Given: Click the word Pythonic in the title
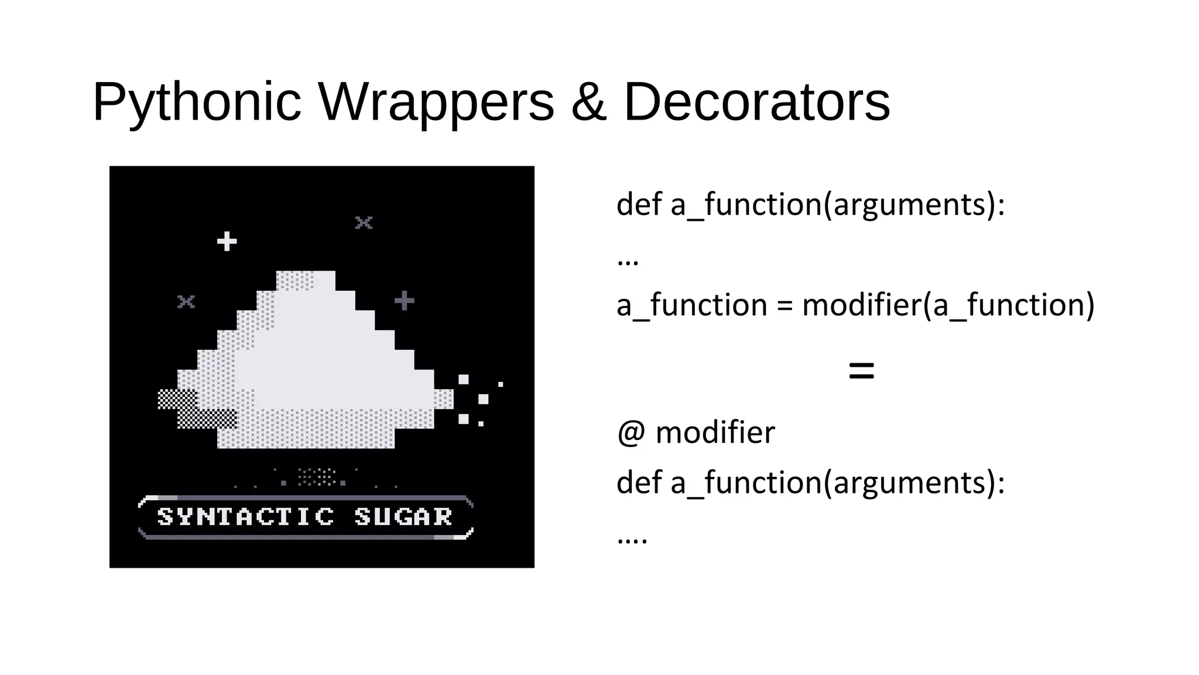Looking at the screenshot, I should (x=197, y=103).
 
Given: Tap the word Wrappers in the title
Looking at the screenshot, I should (x=436, y=103).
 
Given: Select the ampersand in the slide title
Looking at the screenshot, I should (x=588, y=102).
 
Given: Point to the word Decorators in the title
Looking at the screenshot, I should (x=756, y=102).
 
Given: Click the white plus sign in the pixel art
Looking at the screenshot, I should (x=227, y=241).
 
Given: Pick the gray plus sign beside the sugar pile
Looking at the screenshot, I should (x=404, y=301).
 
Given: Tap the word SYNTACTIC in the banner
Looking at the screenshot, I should (x=246, y=517).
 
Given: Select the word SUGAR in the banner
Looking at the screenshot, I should (x=403, y=517).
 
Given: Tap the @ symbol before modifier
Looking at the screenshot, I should (x=631, y=433).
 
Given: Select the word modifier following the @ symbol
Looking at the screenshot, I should (x=715, y=433).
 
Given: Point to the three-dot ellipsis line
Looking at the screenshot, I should (x=628, y=261).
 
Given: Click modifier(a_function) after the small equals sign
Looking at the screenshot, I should (x=948, y=306).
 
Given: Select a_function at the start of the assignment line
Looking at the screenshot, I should (x=692, y=306).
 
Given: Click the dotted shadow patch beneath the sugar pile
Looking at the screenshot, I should (x=316, y=477).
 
